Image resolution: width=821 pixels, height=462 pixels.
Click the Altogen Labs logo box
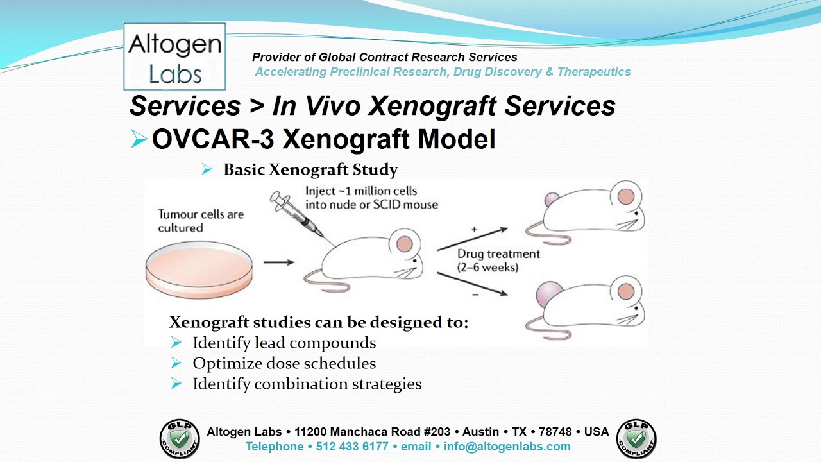click(174, 56)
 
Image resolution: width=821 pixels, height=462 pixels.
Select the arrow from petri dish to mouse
click(279, 262)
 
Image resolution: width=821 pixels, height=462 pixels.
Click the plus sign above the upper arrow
click(474, 229)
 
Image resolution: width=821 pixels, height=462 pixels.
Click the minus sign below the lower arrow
click(474, 295)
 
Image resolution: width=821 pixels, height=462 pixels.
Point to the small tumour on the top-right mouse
click(551, 200)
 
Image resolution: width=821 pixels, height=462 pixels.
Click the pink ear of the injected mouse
click(405, 243)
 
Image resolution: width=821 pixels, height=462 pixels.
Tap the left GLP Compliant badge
click(179, 439)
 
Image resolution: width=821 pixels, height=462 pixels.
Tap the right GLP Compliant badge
click(636, 439)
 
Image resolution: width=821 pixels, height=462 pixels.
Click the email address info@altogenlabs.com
click(507, 447)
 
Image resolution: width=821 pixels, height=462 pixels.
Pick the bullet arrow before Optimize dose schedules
click(176, 363)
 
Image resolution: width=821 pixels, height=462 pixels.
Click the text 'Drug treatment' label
click(498, 254)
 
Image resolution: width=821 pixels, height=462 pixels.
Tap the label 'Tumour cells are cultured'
click(201, 221)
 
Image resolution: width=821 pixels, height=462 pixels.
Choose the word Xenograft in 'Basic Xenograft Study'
click(310, 170)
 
